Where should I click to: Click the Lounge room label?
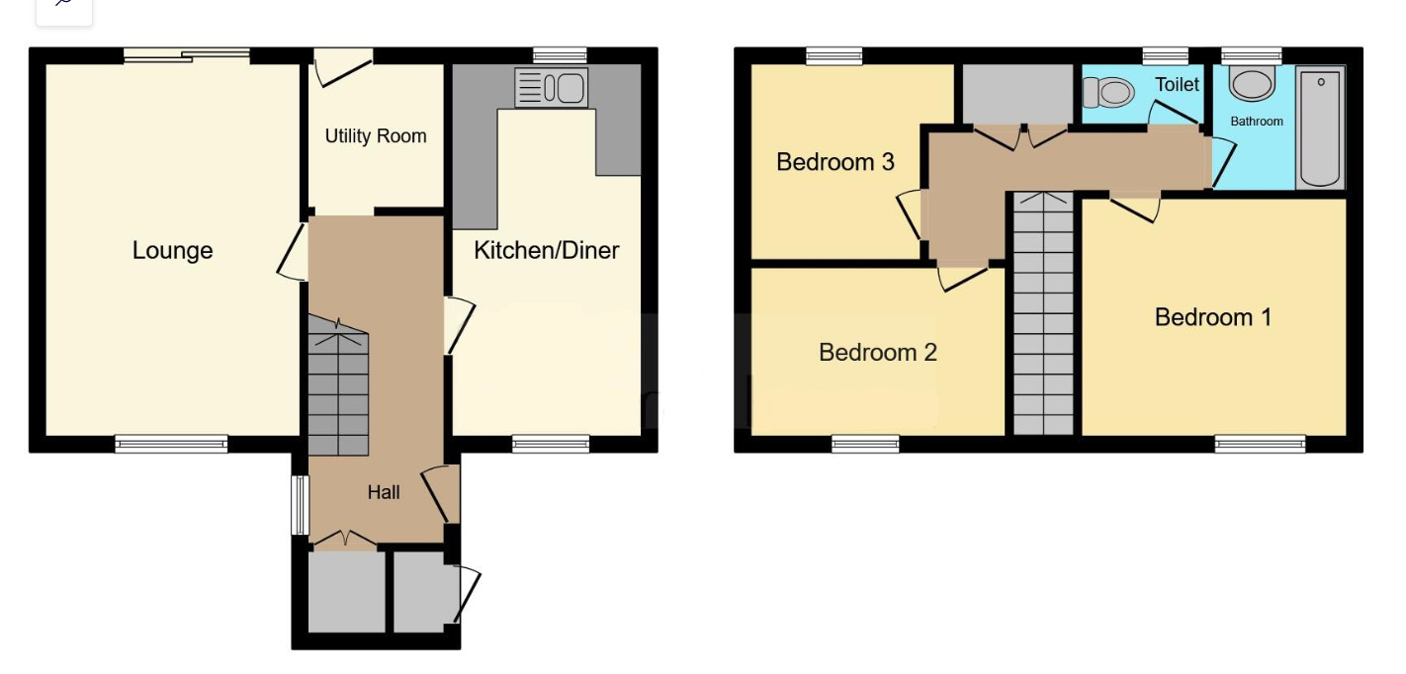[x=173, y=250]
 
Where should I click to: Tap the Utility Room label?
[x=376, y=136]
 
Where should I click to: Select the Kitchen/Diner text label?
[x=546, y=250]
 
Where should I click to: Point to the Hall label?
[x=384, y=492]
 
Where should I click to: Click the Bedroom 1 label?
[x=1213, y=317]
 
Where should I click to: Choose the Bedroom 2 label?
[x=877, y=352]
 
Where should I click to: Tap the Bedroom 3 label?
[x=835, y=162]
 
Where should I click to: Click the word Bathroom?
[x=1257, y=122]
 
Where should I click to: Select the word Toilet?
[x=1177, y=84]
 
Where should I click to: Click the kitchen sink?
[x=551, y=87]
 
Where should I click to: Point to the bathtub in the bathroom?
[x=1321, y=128]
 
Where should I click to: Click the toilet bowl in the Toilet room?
[x=1108, y=92]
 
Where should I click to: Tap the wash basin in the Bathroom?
[x=1252, y=83]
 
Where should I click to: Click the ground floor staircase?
[x=338, y=385]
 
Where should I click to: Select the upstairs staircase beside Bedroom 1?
[x=1043, y=313]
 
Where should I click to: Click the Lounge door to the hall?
[x=293, y=252]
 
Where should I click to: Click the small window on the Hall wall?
[x=301, y=505]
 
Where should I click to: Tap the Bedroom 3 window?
[x=834, y=56]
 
